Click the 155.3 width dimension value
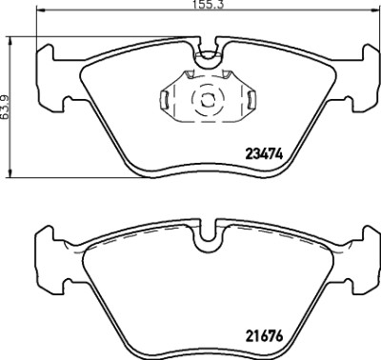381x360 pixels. pos(209,5)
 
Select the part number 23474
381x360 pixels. pos(264,154)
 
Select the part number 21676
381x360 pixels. pos(264,335)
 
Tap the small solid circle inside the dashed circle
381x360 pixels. pos(208,101)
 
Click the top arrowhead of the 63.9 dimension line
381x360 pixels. pos(10,41)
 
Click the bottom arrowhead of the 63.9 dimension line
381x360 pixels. pos(10,173)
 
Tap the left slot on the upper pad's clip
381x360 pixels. pos(164,99)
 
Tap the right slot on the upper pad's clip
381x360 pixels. pos(251,99)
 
